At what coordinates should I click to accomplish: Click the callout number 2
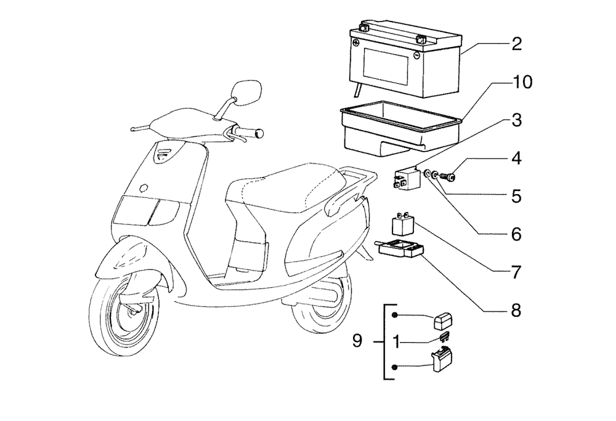(x=516, y=44)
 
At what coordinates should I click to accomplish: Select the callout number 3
(x=516, y=120)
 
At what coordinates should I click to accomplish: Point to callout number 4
(x=516, y=158)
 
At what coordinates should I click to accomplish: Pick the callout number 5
(x=516, y=197)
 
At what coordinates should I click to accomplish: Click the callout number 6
(x=516, y=235)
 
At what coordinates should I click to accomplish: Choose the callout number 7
(x=516, y=272)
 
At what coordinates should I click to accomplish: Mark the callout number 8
(x=516, y=311)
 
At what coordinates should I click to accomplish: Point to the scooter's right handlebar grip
(x=253, y=133)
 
